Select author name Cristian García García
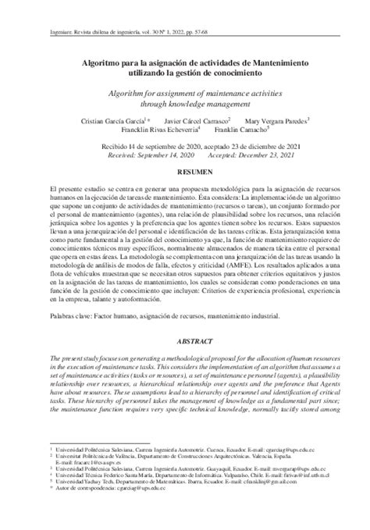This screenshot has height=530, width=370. tap(111, 121)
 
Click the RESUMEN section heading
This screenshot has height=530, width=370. tap(185, 169)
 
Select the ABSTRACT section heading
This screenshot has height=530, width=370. tap(185, 341)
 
